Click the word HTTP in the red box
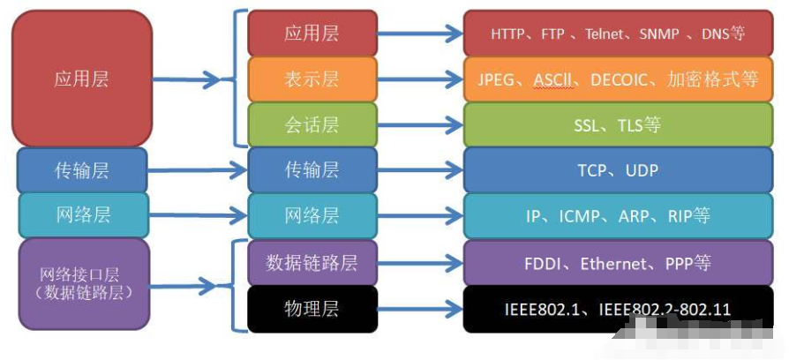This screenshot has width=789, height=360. (x=508, y=34)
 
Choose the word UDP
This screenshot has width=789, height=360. (x=642, y=170)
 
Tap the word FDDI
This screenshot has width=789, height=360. (x=544, y=263)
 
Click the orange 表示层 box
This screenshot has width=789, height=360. (x=312, y=79)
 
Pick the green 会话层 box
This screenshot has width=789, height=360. (x=312, y=124)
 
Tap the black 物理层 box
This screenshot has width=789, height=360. (x=312, y=309)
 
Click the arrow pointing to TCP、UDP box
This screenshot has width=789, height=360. (x=420, y=170)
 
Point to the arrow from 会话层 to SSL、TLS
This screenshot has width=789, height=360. (x=420, y=124)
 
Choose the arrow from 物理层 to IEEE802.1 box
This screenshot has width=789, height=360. (x=420, y=309)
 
